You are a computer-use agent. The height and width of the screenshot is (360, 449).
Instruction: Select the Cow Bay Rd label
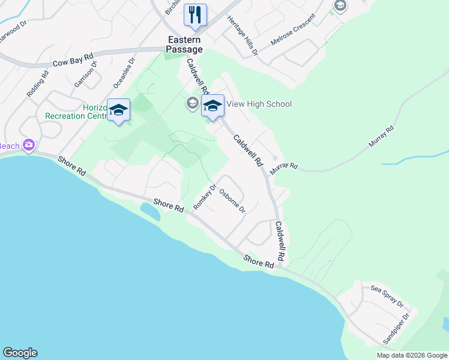[73, 59]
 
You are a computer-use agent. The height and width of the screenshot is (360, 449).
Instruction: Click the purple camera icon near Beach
[28, 145]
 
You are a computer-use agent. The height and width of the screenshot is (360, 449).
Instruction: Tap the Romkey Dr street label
[204, 197]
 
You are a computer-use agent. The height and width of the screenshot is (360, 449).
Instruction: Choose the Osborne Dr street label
[233, 201]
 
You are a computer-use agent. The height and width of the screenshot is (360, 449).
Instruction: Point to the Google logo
[20, 353]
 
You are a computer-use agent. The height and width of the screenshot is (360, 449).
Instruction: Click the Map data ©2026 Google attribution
[411, 355]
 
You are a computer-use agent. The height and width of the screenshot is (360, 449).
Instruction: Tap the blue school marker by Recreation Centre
[118, 110]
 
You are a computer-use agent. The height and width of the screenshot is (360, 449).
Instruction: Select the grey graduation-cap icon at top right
[340, 7]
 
